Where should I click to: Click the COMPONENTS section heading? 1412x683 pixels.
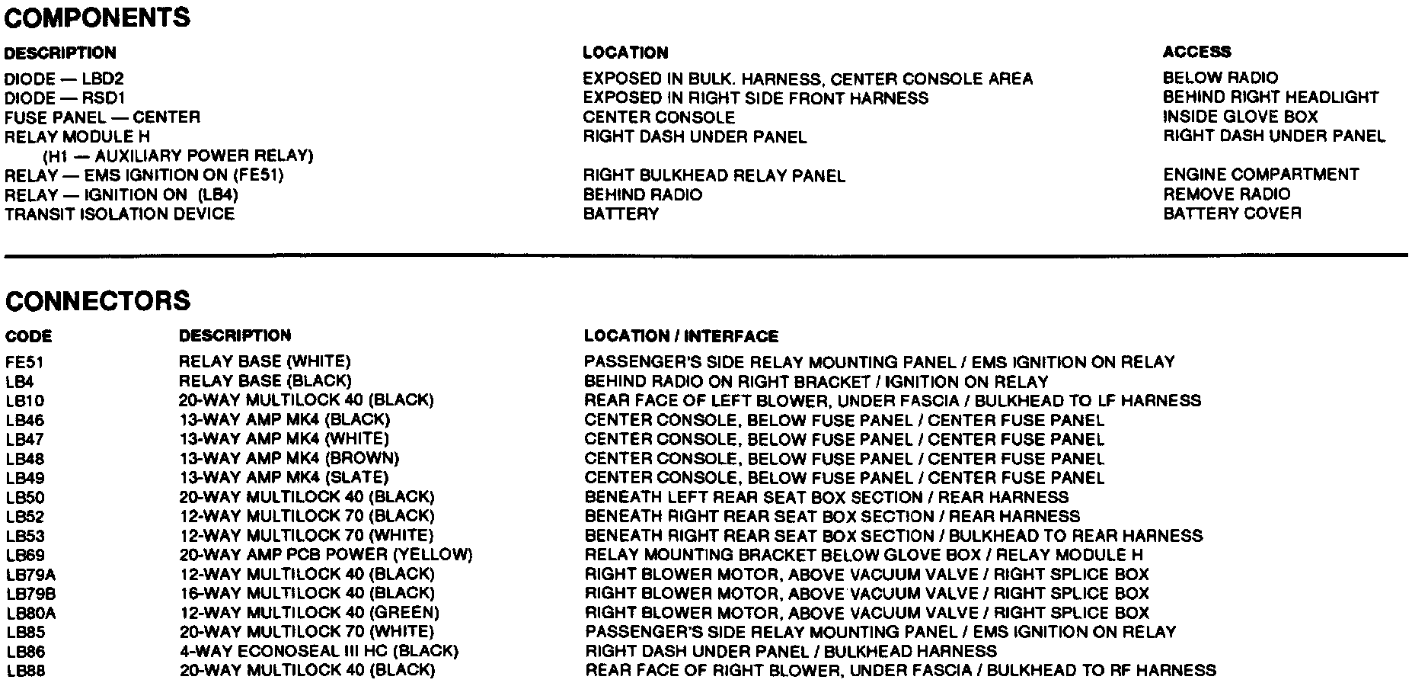point(97,18)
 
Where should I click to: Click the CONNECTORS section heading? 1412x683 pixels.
point(97,300)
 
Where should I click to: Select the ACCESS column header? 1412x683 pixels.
point(1196,52)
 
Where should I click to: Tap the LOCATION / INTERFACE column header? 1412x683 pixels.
point(681,336)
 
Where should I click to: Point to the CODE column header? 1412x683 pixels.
point(29,336)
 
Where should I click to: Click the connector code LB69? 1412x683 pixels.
point(25,556)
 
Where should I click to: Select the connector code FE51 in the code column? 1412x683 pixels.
point(24,361)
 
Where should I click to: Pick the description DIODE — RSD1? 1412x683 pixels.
point(65,98)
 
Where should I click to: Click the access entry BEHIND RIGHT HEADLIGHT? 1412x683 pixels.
point(1270,98)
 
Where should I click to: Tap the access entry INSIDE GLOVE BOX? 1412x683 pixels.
point(1240,117)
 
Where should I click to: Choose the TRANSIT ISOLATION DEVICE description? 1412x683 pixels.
point(120,214)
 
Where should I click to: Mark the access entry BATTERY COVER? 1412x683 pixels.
point(1232,213)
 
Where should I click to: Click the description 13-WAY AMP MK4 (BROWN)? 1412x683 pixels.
point(289,459)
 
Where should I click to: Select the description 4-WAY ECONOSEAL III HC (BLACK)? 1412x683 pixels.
point(319,652)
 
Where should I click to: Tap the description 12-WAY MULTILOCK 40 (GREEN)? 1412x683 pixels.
point(309,613)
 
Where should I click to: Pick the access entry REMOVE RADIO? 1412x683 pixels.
point(1226,194)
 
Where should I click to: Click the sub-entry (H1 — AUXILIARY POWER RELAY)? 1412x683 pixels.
point(178,156)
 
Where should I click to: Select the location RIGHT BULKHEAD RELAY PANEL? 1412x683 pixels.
point(714,176)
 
